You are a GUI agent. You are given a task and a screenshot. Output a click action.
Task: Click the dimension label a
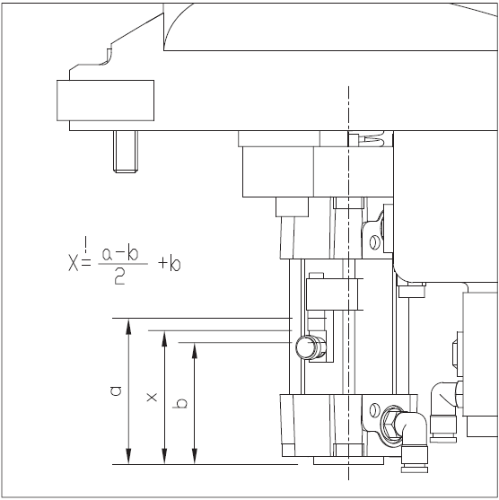pos(116,391)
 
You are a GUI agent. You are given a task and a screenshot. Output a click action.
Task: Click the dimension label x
pos(152,398)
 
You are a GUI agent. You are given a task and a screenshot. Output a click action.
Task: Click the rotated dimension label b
pos(180,404)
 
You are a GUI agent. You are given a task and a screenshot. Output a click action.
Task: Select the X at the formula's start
pos(73,263)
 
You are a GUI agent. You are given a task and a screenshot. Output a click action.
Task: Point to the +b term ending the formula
pos(170,264)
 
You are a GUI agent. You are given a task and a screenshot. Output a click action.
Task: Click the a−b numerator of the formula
pos(120,254)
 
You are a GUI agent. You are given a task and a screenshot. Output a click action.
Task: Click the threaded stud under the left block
pos(126,152)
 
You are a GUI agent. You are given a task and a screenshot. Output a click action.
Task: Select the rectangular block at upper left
pos(106,101)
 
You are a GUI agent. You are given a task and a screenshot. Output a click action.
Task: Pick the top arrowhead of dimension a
pos(128,326)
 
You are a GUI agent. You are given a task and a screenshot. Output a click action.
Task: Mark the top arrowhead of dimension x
pos(164,338)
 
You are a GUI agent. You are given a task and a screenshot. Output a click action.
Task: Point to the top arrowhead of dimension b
pos(195,350)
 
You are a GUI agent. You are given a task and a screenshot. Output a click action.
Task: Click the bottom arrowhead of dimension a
pos(128,456)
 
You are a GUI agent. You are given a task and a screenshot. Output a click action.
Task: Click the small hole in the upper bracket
pos(374,242)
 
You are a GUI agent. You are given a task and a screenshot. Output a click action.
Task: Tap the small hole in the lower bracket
pos(374,410)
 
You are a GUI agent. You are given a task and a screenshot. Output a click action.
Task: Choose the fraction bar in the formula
pos(123,264)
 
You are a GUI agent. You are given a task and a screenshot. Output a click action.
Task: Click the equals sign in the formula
pos(86,262)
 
